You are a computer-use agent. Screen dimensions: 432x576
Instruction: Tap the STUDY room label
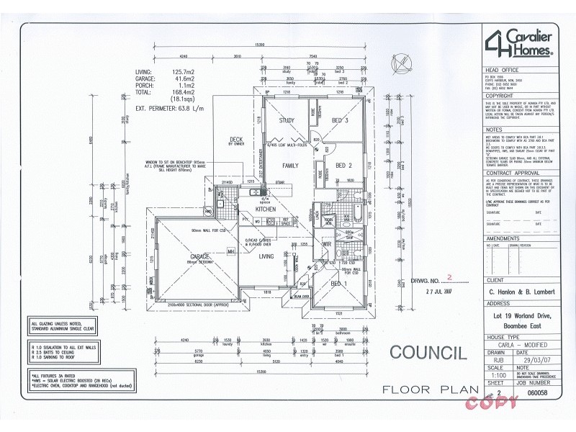pos(287,121)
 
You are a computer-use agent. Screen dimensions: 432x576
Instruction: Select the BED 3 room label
pos(340,121)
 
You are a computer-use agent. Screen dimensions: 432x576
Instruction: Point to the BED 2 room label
pos(343,166)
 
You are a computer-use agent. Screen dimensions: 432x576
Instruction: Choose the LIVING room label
pos(266,256)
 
